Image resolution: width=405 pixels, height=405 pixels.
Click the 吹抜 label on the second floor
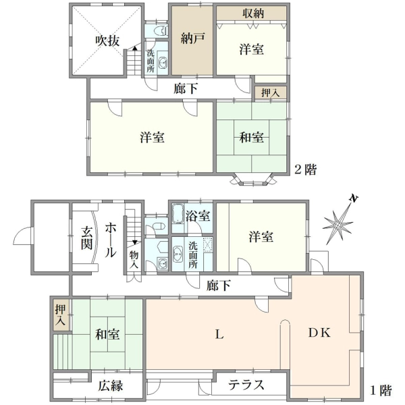107,40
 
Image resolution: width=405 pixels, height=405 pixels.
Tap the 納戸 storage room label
192,38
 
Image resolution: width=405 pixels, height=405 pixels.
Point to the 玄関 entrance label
87,238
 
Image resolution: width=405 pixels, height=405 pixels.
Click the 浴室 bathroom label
198,216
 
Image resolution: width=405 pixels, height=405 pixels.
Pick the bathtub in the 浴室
178,214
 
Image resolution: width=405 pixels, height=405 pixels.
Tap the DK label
319,333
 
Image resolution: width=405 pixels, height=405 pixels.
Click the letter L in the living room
219,335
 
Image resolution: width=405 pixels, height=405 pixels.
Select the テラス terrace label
246,385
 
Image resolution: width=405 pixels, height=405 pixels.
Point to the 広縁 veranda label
111,385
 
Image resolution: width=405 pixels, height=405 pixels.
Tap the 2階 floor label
306,169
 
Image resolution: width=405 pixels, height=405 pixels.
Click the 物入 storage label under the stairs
134,260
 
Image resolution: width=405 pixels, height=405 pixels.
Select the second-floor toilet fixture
161,31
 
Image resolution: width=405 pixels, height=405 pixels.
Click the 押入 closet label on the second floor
270,93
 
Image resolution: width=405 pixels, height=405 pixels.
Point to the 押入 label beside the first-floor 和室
61,315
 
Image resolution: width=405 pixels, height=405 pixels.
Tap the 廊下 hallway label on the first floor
219,286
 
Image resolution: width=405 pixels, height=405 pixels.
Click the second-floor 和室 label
252,137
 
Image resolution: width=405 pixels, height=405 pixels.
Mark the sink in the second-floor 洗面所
163,62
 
